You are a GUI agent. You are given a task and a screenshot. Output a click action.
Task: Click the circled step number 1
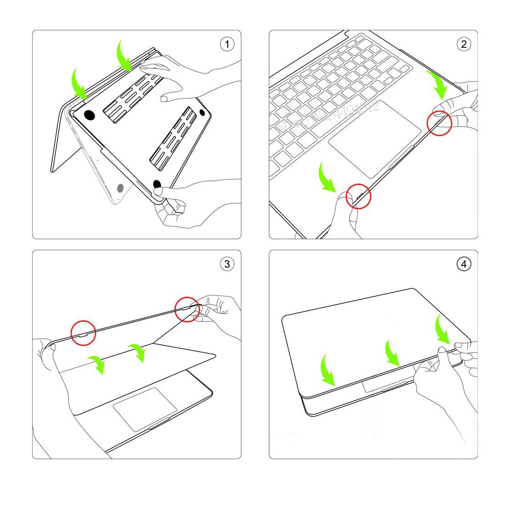(x=227, y=45)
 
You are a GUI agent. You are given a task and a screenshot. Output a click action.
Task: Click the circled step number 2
(x=463, y=44)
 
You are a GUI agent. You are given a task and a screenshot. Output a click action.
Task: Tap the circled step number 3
(x=227, y=264)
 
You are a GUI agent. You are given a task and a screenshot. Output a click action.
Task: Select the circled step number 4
(x=463, y=264)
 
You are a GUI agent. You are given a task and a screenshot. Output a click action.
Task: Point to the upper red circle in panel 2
(x=439, y=123)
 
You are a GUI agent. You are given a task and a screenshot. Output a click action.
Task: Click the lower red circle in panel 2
(x=359, y=196)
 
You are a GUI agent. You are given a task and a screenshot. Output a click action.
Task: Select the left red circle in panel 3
(x=83, y=333)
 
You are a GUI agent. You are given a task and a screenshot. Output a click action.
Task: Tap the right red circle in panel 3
(x=187, y=309)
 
